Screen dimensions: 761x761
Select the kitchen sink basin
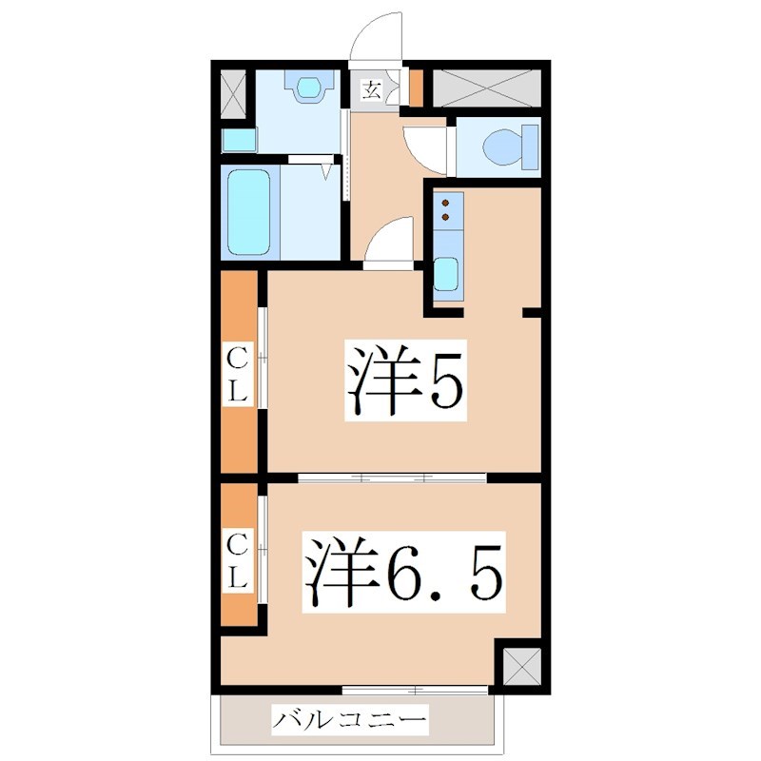[445, 274]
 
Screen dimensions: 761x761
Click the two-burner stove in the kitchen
[446, 210]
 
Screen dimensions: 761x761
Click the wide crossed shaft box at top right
[487, 86]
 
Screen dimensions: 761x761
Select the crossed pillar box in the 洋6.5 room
[519, 667]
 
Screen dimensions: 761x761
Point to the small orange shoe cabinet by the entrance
[416, 88]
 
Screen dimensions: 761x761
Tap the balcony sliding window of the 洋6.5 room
[416, 688]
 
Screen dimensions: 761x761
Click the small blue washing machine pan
[239, 141]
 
